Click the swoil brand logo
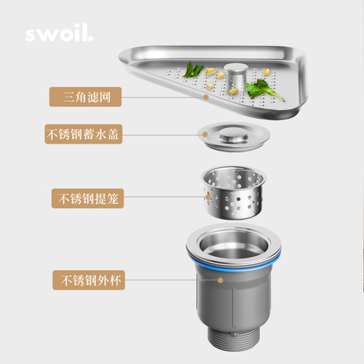click(59, 33)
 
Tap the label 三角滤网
click(85, 97)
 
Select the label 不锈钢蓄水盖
click(84, 134)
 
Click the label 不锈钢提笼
click(87, 198)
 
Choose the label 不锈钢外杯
click(89, 280)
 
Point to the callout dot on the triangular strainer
click(206, 97)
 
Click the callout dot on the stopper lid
click(205, 134)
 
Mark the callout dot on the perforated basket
click(208, 197)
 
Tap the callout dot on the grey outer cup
click(221, 280)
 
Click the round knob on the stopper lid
click(234, 134)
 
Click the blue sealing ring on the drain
click(234, 264)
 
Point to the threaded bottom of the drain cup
click(234, 339)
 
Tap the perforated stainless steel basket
click(234, 193)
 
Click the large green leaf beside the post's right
click(262, 90)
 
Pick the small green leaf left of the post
click(193, 70)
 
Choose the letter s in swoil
click(31, 35)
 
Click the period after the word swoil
click(90, 39)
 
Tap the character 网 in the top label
click(105, 97)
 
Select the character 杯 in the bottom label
click(115, 280)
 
